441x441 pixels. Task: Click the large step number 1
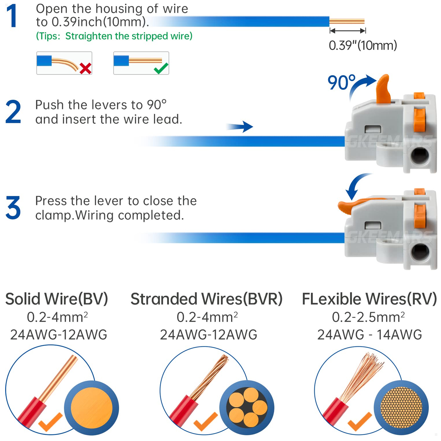pos(12,16)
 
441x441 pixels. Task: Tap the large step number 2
pos(13,112)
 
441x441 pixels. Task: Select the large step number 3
pos(13,208)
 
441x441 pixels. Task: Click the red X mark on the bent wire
pos(85,68)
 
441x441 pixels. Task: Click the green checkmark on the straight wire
pos(161,68)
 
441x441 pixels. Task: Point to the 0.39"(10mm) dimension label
pos(363,46)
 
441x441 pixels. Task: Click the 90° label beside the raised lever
pos(341,82)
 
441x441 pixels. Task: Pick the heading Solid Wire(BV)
pos(57,299)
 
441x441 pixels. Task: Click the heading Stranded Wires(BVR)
pos(207,299)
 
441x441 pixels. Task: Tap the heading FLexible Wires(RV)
pos(369,299)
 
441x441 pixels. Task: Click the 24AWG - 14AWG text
pos(369,335)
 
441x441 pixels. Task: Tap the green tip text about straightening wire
pos(114,36)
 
